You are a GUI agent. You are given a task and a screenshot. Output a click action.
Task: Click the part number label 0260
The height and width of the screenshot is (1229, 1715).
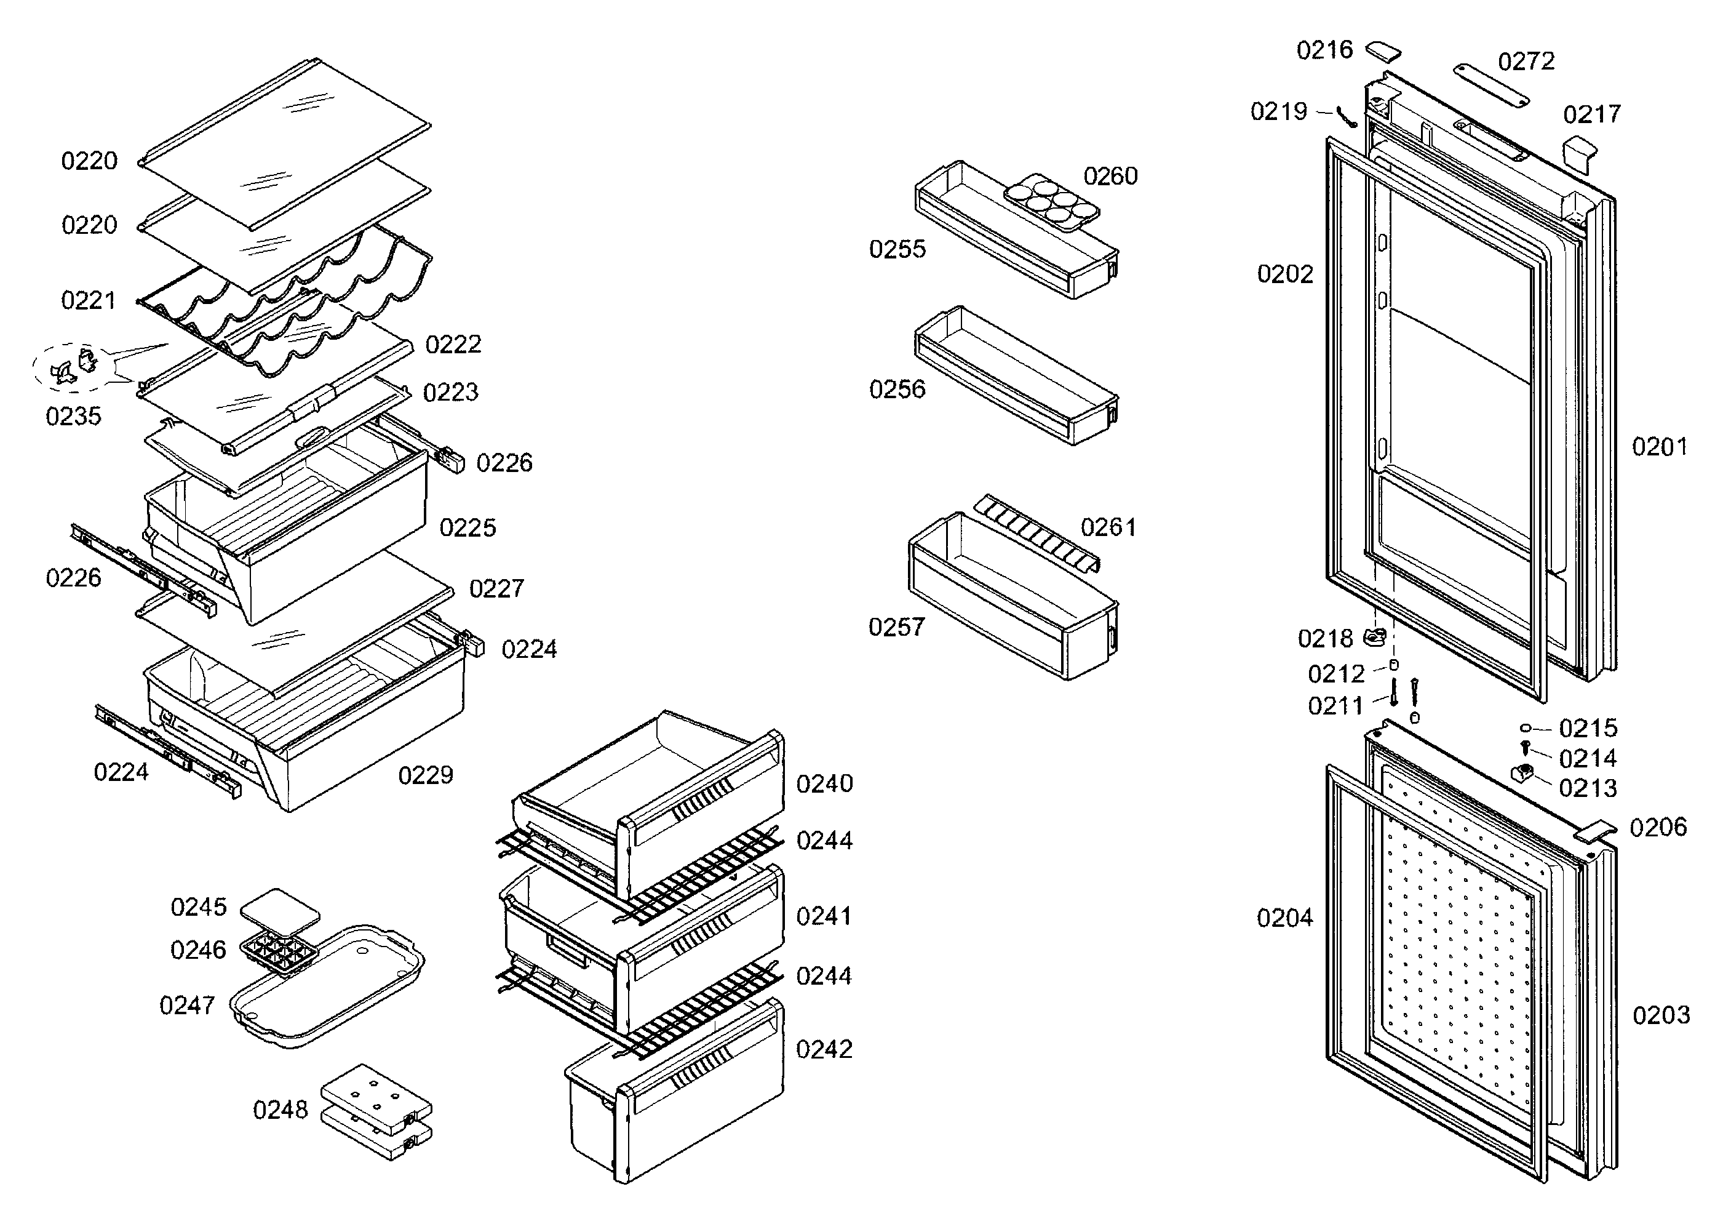[1110, 176]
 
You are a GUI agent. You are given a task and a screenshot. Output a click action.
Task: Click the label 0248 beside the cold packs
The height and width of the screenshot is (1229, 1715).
[280, 1110]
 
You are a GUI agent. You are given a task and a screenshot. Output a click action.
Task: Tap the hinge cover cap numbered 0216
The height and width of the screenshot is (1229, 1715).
[1382, 52]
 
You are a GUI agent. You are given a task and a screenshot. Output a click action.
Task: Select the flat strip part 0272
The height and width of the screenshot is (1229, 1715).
[1490, 85]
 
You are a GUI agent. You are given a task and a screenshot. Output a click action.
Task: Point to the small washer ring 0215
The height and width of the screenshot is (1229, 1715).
[1525, 727]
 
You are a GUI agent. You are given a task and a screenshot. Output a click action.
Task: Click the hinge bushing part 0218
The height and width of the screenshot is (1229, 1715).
[1375, 638]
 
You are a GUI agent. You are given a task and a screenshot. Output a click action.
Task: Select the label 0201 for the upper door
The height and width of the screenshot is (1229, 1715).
[1659, 447]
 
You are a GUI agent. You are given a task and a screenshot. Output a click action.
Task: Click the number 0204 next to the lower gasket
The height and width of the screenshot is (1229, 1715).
[1284, 918]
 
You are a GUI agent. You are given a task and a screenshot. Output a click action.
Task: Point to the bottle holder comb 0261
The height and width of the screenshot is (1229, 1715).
[1036, 532]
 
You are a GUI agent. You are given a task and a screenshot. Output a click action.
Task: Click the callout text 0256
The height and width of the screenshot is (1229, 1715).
[897, 390]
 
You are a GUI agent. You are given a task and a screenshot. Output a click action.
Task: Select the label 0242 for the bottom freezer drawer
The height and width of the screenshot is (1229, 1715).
[824, 1049]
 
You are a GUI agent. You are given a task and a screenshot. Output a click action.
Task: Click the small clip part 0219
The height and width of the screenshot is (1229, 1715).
[1346, 117]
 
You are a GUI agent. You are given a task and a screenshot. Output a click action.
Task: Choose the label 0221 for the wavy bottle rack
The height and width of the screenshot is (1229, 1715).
[89, 300]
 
